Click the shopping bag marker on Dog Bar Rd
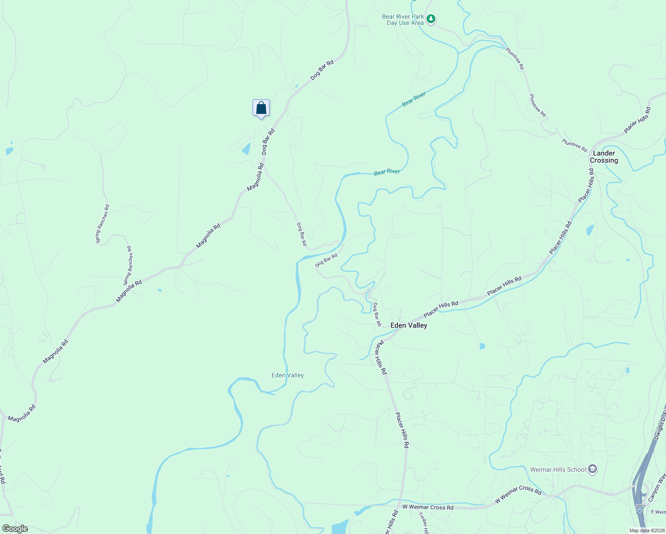261,108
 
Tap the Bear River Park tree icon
430,19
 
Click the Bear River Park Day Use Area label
403,20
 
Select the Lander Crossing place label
604,157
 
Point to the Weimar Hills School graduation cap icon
593,469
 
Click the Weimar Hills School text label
558,469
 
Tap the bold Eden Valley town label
409,325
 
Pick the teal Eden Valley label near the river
288,375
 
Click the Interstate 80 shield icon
640,509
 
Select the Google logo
15,529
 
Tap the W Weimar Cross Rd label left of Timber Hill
428,507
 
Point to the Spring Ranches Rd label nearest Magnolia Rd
128,266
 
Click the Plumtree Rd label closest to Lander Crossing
574,146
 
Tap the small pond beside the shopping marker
246,149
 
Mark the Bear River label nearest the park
414,99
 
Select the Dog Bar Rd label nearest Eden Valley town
377,314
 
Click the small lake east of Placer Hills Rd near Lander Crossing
590,230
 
